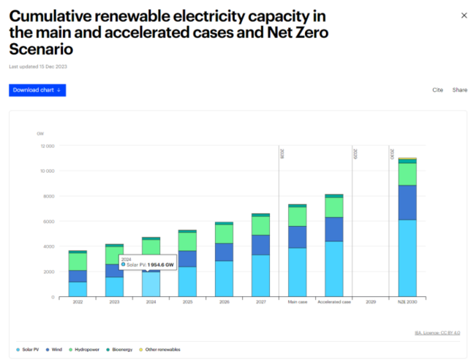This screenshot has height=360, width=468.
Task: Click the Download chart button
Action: [x=37, y=90]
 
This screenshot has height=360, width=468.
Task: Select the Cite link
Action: [x=437, y=90]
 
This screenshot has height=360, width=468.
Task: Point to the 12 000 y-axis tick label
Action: [x=46, y=146]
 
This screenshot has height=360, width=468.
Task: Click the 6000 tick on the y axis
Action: [x=48, y=222]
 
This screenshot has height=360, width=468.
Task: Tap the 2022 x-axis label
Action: [x=78, y=301]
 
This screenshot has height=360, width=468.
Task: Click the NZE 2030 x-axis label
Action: [x=407, y=301]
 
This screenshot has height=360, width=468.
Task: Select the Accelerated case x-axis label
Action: [x=333, y=301]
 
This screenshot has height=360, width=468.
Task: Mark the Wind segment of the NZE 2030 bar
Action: [x=407, y=203]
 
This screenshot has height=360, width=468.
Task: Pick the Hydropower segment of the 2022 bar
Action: [x=78, y=261]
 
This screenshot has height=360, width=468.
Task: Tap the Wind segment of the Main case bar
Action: [x=297, y=237]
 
